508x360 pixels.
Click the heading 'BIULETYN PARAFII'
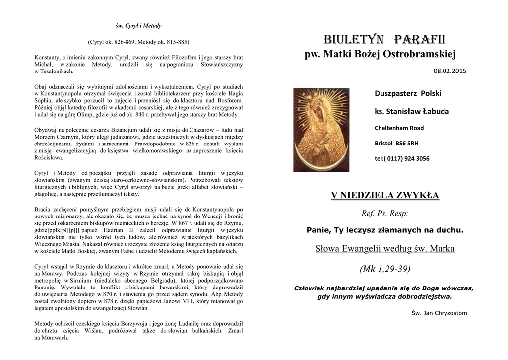tap(384, 39)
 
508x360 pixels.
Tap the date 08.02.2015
tap(450, 72)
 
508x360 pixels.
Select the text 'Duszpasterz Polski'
tap(407, 93)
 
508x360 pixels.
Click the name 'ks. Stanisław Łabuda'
tap(411, 111)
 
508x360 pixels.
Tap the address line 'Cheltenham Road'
tap(399, 128)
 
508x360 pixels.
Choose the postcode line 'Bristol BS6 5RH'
tap(396, 143)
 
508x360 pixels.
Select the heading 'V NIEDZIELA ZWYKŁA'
tap(384, 195)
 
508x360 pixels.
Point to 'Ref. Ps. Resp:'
tap(385, 214)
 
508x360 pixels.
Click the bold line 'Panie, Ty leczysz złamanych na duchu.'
tap(384, 230)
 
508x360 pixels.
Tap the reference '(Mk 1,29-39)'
tap(384, 269)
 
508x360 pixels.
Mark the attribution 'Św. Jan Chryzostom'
tap(439, 313)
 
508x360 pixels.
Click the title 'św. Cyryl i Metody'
tap(138, 26)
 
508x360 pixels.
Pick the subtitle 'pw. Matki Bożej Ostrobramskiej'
tap(380, 54)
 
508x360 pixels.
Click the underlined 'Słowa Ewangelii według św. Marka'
tap(384, 248)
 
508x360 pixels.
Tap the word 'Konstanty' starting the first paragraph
tap(46, 57)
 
